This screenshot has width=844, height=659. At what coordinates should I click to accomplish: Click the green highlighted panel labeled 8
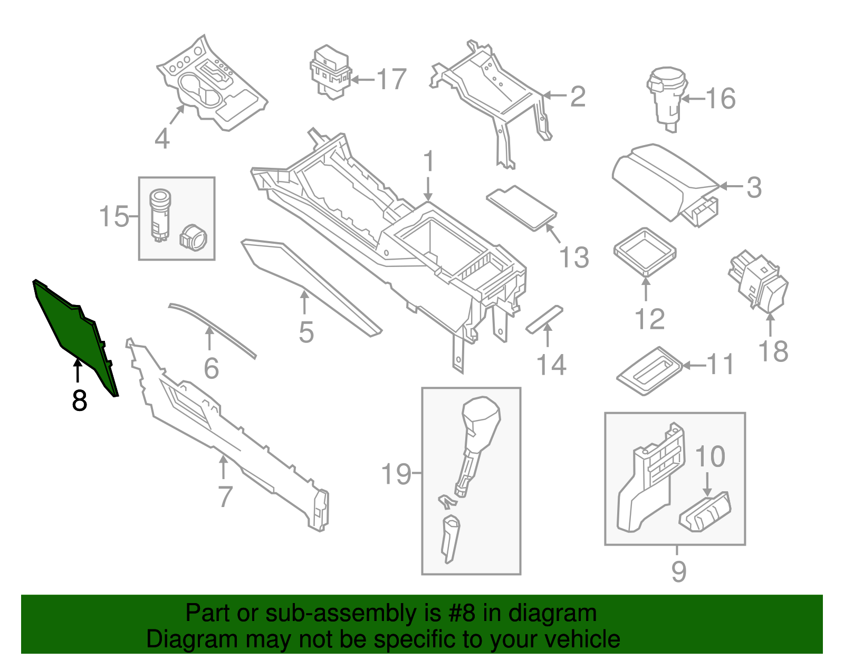pos(74,332)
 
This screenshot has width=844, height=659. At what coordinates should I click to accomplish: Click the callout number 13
pos(574,257)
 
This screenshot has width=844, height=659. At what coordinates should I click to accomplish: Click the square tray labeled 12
pos(645,251)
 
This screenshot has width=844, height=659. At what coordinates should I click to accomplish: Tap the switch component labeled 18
pos(760,282)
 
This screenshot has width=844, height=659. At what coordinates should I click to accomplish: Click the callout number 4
pos(162,139)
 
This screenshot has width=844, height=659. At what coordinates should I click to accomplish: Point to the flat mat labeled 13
pos(521,207)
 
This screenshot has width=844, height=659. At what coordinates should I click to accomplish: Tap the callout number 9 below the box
pos(678,571)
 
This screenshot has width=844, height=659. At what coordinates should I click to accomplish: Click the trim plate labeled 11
pos(649,370)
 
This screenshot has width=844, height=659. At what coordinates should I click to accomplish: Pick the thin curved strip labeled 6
pos(211,330)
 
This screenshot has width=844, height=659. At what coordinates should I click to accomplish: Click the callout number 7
pos(225,496)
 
